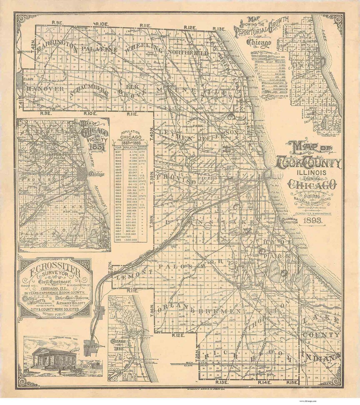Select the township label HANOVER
(x=46, y=89)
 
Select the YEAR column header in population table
(x=118, y=147)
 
